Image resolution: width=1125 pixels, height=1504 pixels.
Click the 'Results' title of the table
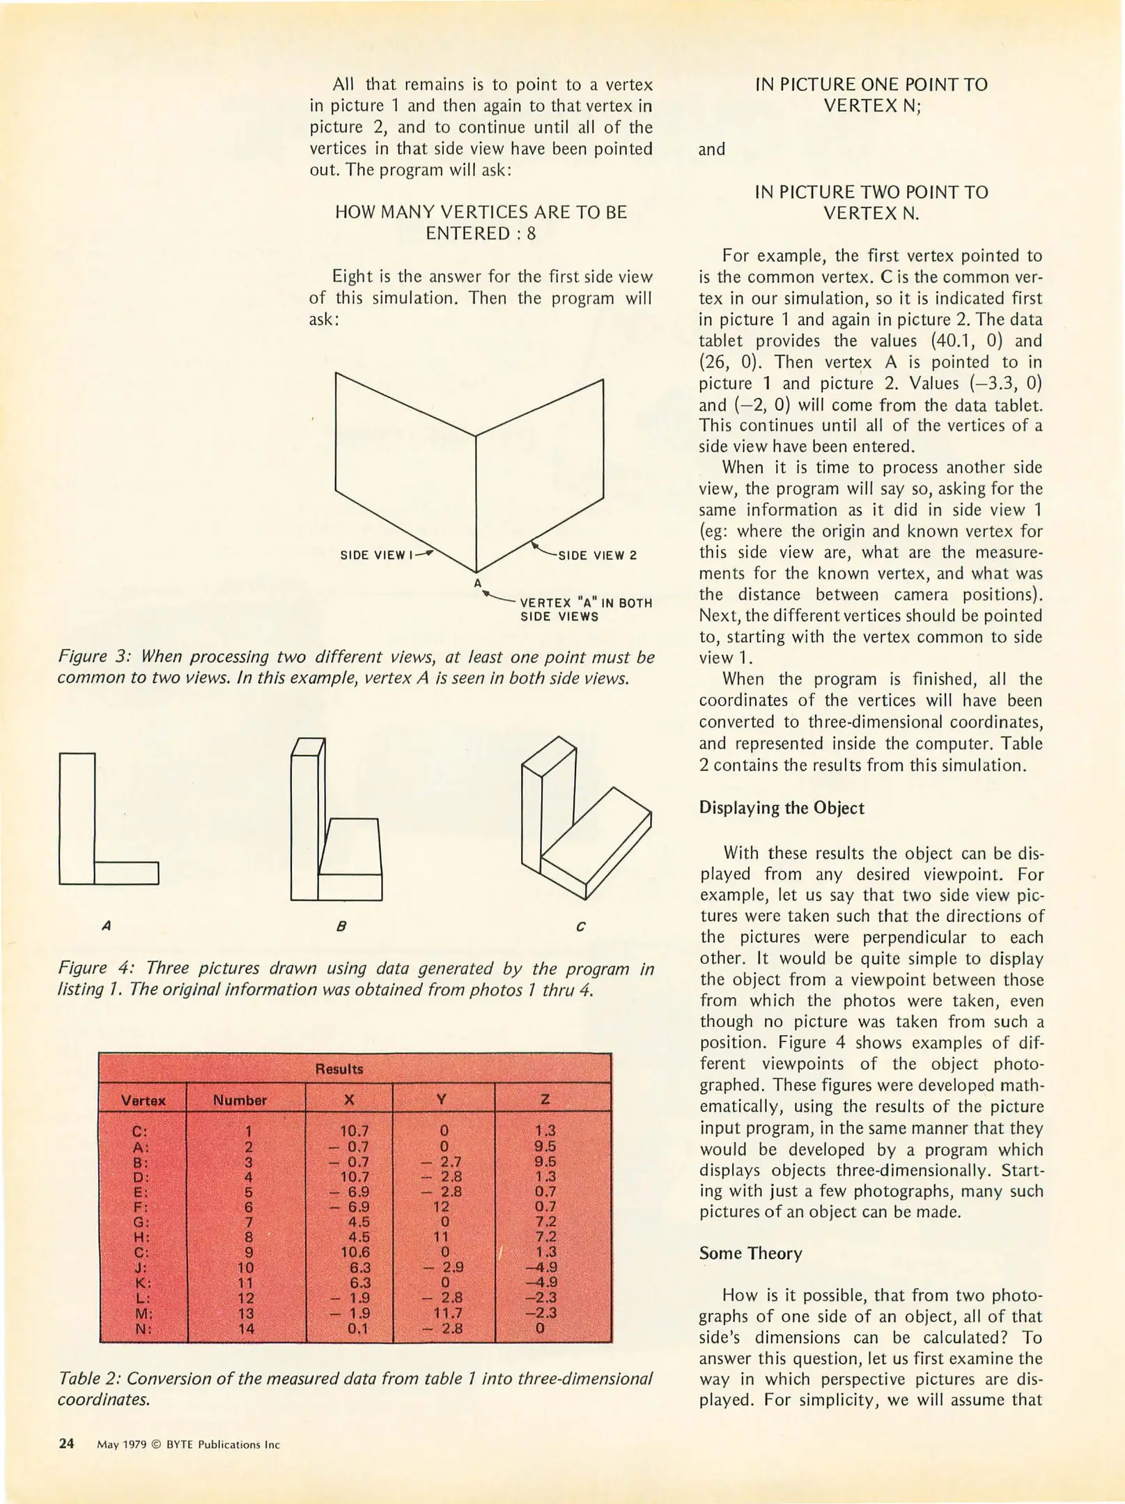(339, 1069)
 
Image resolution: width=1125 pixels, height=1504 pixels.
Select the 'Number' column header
(240, 1100)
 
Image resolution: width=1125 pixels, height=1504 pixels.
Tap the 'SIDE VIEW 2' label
(598, 556)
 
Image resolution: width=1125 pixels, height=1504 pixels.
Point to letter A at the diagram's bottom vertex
(478, 583)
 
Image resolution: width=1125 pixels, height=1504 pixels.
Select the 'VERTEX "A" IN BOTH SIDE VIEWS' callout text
(586, 609)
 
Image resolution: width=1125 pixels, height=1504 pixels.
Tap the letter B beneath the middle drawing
(341, 927)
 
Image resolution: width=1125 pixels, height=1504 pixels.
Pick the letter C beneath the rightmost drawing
(581, 927)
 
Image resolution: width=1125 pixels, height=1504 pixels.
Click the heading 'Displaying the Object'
(781, 808)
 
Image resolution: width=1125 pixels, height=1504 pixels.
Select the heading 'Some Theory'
(750, 1253)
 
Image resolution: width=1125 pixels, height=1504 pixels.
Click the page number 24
(66, 1443)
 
